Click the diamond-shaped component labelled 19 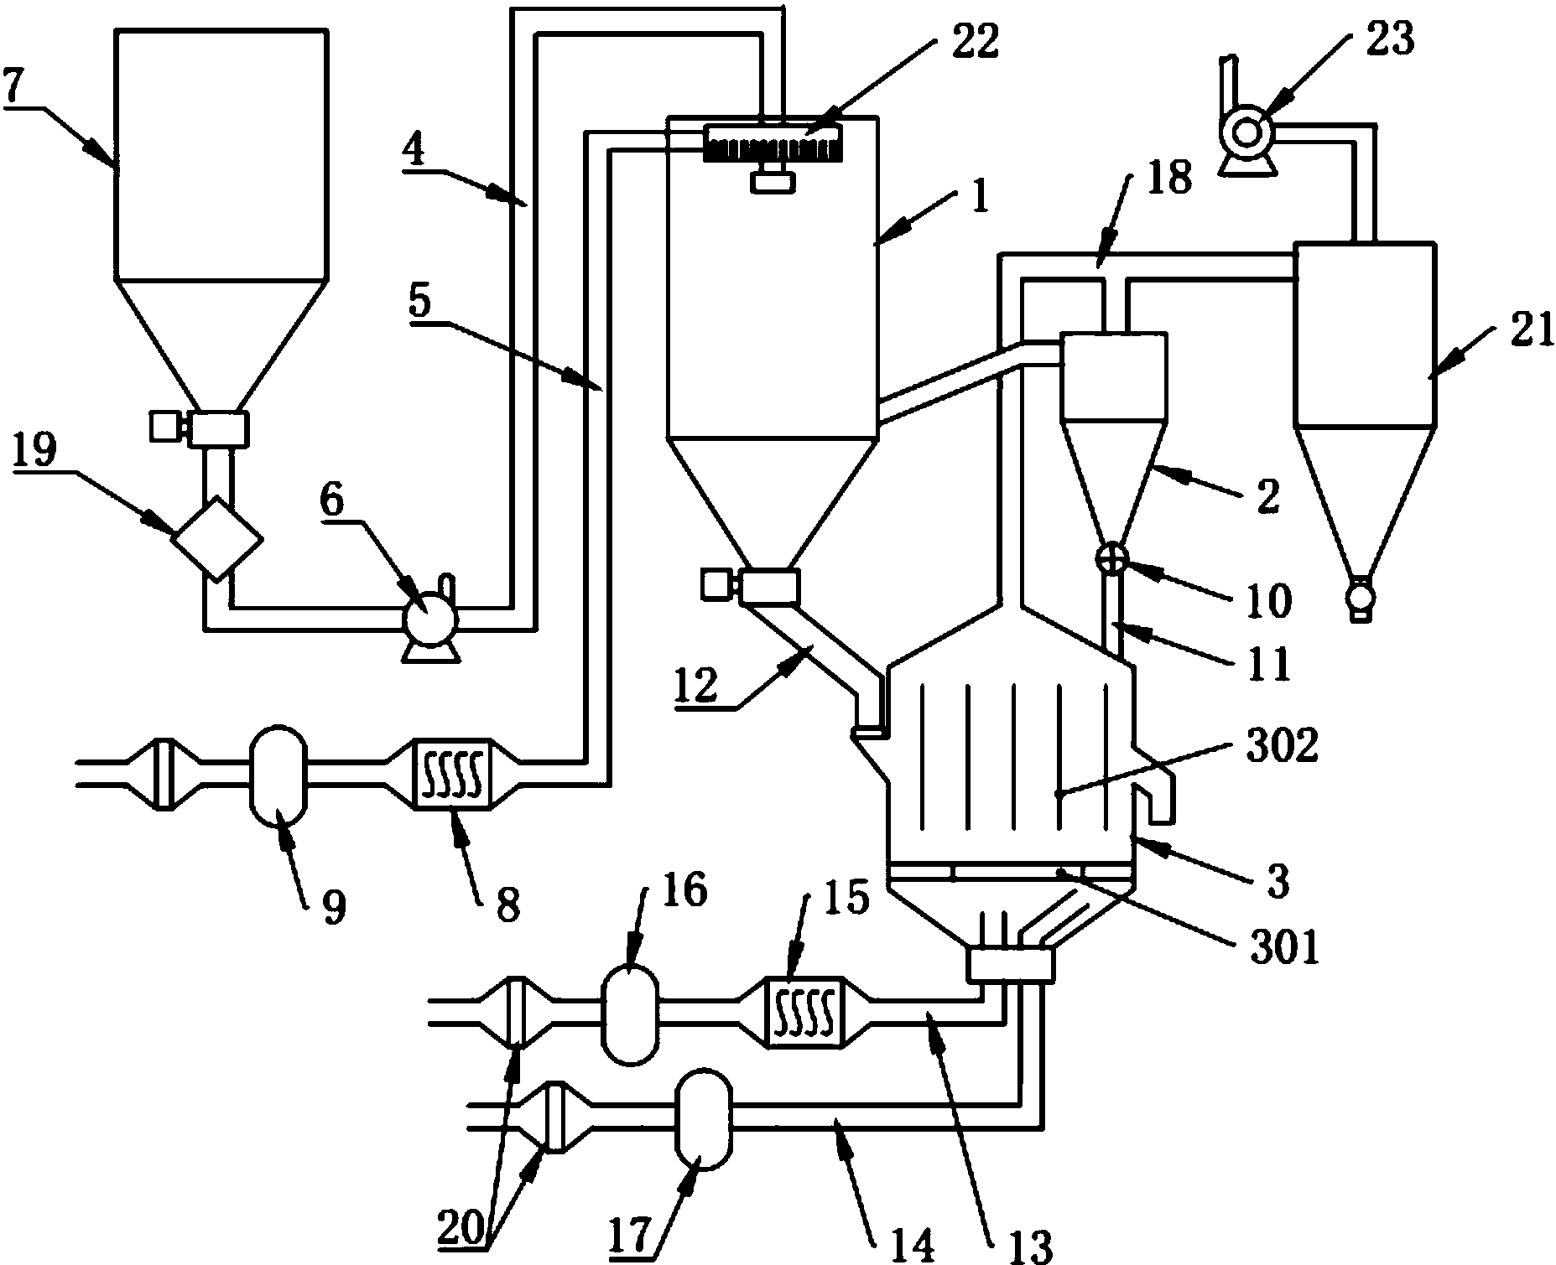pos(216,537)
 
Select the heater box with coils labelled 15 pos(805,1011)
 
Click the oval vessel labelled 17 pos(703,1117)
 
